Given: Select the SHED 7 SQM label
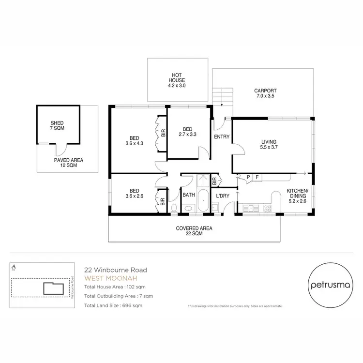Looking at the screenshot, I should click(x=57, y=125).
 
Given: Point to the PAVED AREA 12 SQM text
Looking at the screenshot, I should click(x=68, y=163).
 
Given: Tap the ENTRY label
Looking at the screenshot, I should click(x=221, y=137).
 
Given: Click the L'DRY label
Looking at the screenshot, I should click(x=223, y=196).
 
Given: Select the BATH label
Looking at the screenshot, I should click(x=188, y=196).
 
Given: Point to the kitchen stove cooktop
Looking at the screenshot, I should click(x=267, y=209).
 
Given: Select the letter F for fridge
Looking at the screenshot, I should click(x=257, y=177).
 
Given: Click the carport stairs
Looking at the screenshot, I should click(x=222, y=96).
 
